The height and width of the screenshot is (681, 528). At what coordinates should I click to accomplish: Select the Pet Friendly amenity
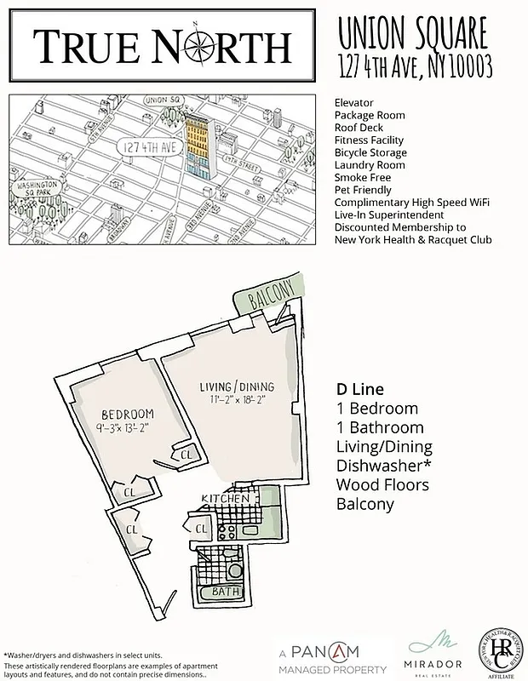(x=363, y=190)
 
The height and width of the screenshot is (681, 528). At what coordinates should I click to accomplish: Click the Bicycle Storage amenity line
(x=370, y=152)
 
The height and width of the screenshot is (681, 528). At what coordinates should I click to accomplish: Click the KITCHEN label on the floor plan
(x=220, y=497)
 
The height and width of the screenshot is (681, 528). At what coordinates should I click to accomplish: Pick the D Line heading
(x=360, y=389)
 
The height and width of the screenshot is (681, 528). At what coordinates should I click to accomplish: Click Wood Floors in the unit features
(x=382, y=485)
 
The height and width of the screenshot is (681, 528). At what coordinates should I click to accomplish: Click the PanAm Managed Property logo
(x=334, y=658)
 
